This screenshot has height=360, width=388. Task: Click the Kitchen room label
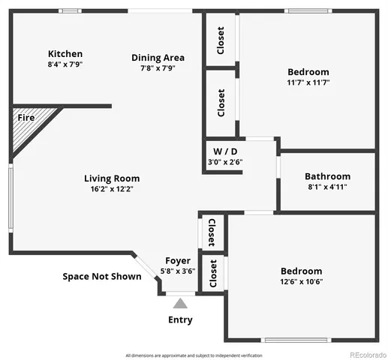65,54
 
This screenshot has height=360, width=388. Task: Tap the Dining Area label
158,58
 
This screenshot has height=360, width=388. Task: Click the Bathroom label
327,176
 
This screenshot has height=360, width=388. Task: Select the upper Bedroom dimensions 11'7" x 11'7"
308,82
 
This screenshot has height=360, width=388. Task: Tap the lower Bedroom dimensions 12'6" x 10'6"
301,282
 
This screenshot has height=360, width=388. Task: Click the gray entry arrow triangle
180,303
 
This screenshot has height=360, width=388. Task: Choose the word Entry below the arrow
180,319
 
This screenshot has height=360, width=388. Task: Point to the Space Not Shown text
101,276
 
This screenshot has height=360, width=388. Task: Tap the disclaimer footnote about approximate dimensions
194,354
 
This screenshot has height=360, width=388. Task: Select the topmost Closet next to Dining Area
221,40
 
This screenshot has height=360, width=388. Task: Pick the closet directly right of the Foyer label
212,274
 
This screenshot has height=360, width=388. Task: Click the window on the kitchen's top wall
70,10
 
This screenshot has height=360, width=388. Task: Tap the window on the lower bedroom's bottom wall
297,340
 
